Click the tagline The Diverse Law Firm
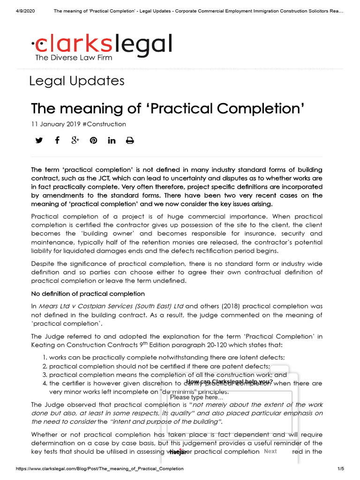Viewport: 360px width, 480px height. click(74, 58)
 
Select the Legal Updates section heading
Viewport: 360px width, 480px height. click(77, 81)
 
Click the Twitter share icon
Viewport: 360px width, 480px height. click(39, 140)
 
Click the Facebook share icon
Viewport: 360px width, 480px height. click(57, 140)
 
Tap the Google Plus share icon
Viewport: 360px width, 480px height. click(75, 140)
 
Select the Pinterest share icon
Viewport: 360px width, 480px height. click(93, 140)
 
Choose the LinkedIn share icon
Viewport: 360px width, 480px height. click(112, 140)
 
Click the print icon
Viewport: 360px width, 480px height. click(130, 140)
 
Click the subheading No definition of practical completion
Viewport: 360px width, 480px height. click(88, 294)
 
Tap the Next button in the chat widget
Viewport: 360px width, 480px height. click(270, 451)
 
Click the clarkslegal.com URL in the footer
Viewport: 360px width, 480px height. click(100, 469)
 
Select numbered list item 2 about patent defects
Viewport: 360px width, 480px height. click(159, 366)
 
